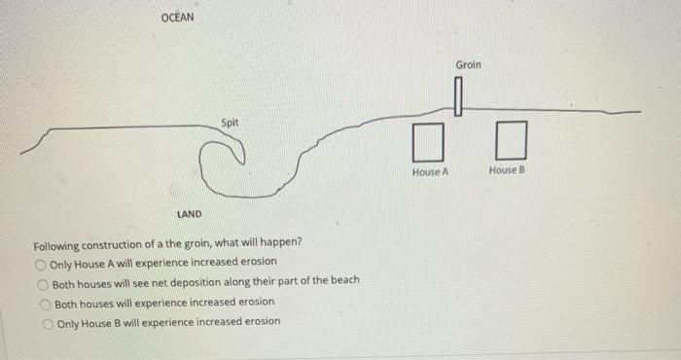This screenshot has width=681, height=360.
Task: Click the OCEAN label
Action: click(177, 18)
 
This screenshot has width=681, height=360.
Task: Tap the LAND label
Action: click(190, 214)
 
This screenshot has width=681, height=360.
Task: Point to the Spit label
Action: click(230, 123)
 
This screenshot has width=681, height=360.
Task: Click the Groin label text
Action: click(468, 65)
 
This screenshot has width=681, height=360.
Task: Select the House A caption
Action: click(430, 171)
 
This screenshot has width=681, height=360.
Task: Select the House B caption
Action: click(507, 170)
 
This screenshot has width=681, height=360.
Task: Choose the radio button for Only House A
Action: click(41, 263)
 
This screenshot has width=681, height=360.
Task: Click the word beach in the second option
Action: click(343, 280)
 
